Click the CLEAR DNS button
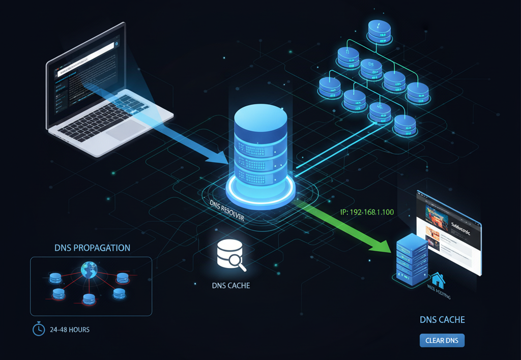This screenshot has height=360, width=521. click(442, 340)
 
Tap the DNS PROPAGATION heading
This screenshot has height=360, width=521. click(92, 248)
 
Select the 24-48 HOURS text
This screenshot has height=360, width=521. click(70, 329)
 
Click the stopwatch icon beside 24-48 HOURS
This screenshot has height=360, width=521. click(38, 329)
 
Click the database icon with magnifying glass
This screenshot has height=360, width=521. click(230, 255)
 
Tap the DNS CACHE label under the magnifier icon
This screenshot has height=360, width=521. click(230, 286)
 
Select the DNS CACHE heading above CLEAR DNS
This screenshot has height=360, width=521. click(442, 320)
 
